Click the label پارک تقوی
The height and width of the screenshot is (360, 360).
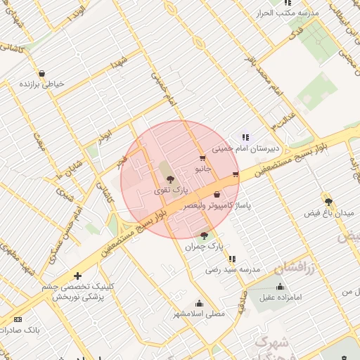point(172,190)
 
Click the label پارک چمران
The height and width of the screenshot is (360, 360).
point(204,247)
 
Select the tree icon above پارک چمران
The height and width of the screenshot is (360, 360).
point(204,236)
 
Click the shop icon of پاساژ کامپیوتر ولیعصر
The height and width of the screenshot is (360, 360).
point(217,194)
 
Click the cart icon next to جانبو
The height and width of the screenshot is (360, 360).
point(202,158)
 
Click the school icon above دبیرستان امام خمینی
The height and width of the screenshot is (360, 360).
point(245,137)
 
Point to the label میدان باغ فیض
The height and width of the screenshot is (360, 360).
point(327,212)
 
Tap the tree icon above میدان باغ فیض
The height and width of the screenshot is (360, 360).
point(328,201)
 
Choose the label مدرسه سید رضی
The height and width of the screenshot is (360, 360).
point(233,269)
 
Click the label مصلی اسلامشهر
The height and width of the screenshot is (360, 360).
point(200,314)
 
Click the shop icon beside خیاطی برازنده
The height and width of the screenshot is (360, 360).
point(41,73)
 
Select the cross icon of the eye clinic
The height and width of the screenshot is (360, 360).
point(77,276)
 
